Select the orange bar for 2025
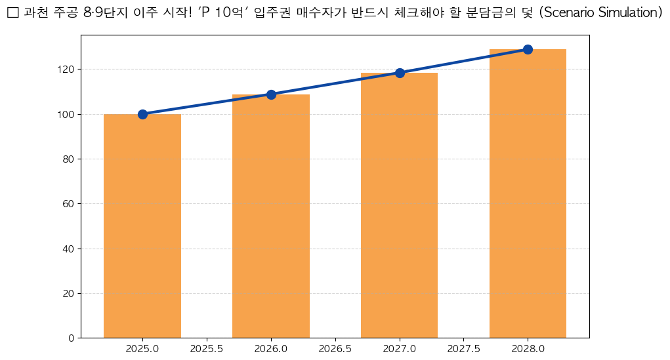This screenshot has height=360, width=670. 142,226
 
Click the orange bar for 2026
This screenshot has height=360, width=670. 271,216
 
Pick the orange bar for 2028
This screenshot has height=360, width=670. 528,193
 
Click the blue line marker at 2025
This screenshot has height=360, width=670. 142,114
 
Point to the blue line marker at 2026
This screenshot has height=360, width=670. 271,94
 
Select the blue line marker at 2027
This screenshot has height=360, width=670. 400,73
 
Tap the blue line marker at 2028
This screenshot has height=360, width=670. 528,49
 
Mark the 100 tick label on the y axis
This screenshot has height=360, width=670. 66,114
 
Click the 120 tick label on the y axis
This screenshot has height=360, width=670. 66,69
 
